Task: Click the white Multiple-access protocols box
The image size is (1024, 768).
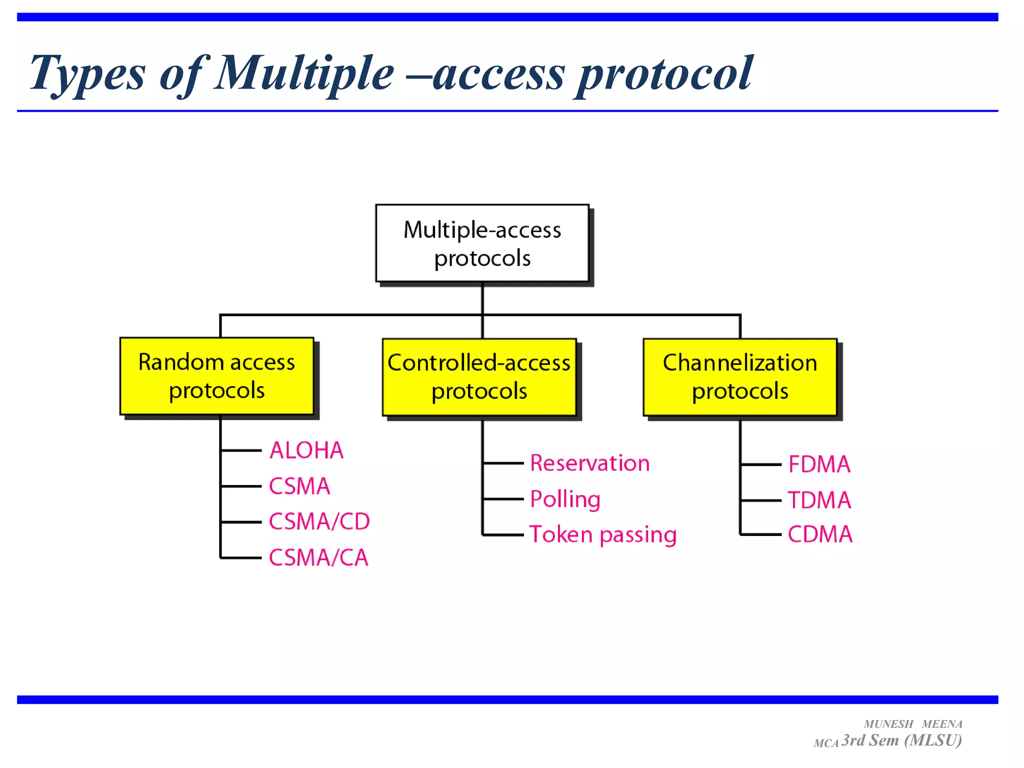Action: click(482, 243)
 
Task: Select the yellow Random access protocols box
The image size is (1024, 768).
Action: click(216, 376)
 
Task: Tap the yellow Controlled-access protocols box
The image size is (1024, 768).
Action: click(479, 377)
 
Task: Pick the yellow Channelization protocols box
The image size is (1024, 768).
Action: click(739, 377)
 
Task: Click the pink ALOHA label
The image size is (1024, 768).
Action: click(306, 450)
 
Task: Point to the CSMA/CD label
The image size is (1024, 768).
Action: click(319, 521)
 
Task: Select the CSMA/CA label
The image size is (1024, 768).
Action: click(318, 557)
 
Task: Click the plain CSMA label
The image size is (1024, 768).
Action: click(299, 486)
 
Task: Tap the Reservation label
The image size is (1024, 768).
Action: click(589, 463)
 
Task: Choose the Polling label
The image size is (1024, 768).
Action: click(565, 499)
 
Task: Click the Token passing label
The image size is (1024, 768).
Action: click(603, 534)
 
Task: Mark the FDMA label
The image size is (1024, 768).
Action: click(819, 464)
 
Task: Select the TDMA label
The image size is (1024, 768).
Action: click(819, 500)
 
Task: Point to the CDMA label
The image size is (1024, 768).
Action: click(820, 534)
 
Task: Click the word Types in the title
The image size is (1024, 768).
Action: click(88, 74)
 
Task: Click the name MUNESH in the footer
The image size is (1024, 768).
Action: click(888, 724)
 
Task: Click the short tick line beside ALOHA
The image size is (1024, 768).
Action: click(241, 450)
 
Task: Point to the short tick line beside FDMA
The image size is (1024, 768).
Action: click(760, 464)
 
